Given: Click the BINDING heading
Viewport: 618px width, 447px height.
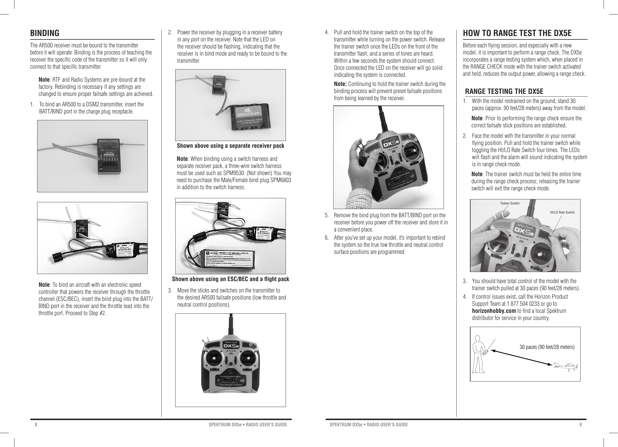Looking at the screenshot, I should point(45,33).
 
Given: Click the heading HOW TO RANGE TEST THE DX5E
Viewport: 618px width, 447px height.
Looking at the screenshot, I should point(517,33).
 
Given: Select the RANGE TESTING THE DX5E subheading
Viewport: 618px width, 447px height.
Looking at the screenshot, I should point(504,91).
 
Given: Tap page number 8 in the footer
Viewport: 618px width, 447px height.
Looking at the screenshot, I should point(36,425).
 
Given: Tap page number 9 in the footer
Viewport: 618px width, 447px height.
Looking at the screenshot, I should point(581,425).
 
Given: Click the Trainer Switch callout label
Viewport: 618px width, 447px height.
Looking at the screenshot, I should point(510,203).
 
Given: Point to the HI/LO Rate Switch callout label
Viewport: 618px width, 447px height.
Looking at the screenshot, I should point(562,212).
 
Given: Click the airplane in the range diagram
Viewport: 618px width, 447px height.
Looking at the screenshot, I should point(566,366).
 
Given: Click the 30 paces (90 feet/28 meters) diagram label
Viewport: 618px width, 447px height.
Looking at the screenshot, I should point(547,347).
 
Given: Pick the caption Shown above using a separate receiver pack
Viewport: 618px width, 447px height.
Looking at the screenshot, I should point(230,146).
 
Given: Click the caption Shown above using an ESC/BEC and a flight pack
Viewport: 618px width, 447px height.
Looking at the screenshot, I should point(231,279).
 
